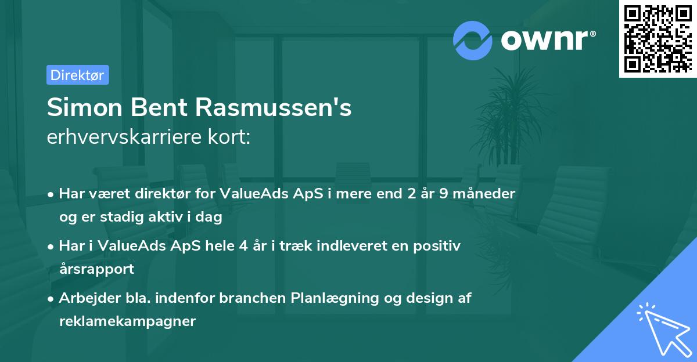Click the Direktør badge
point(77,75)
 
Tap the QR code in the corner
point(658,38)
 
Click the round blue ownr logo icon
point(473,40)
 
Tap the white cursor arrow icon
point(663,330)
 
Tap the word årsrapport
point(96,269)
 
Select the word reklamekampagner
point(127,321)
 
